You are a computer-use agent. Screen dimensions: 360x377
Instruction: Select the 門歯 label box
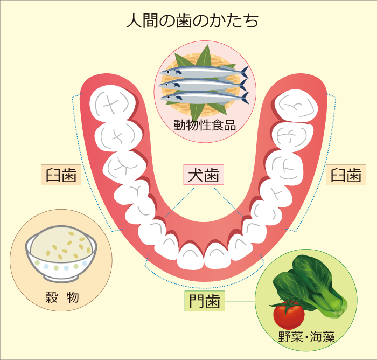click(205, 301)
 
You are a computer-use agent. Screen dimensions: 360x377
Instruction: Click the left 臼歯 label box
click(60, 175)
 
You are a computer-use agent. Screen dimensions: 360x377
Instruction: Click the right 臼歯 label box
click(346, 175)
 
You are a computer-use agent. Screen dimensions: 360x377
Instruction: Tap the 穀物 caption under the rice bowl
click(61, 297)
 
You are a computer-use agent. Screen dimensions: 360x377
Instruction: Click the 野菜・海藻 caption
click(306, 338)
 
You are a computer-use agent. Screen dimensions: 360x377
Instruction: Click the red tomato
click(288, 314)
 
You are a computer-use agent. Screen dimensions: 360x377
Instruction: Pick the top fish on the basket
click(207, 71)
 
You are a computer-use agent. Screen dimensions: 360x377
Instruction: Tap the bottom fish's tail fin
click(245, 98)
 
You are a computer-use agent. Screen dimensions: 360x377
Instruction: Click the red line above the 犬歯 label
click(205, 153)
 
